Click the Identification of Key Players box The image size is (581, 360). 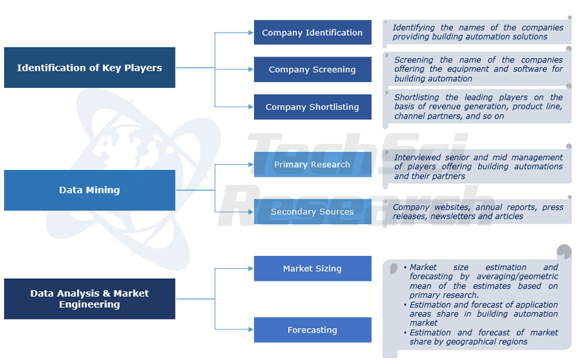[x=89, y=67]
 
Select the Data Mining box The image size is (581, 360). [x=89, y=190]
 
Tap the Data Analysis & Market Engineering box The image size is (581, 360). [x=89, y=299]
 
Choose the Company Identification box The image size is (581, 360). [x=312, y=32]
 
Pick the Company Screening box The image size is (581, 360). [x=312, y=69]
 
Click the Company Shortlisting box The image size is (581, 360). [x=312, y=107]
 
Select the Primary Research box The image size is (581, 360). [x=312, y=164]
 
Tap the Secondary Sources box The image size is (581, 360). [x=312, y=211]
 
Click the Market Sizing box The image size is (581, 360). [x=312, y=268]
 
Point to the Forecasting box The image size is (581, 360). [x=312, y=329]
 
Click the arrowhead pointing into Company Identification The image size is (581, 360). [x=250, y=32]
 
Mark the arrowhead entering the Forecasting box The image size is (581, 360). [x=250, y=329]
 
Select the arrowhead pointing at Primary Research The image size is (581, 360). [x=250, y=164]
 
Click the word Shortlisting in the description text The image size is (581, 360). [x=417, y=97]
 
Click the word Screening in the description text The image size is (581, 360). [x=414, y=59]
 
